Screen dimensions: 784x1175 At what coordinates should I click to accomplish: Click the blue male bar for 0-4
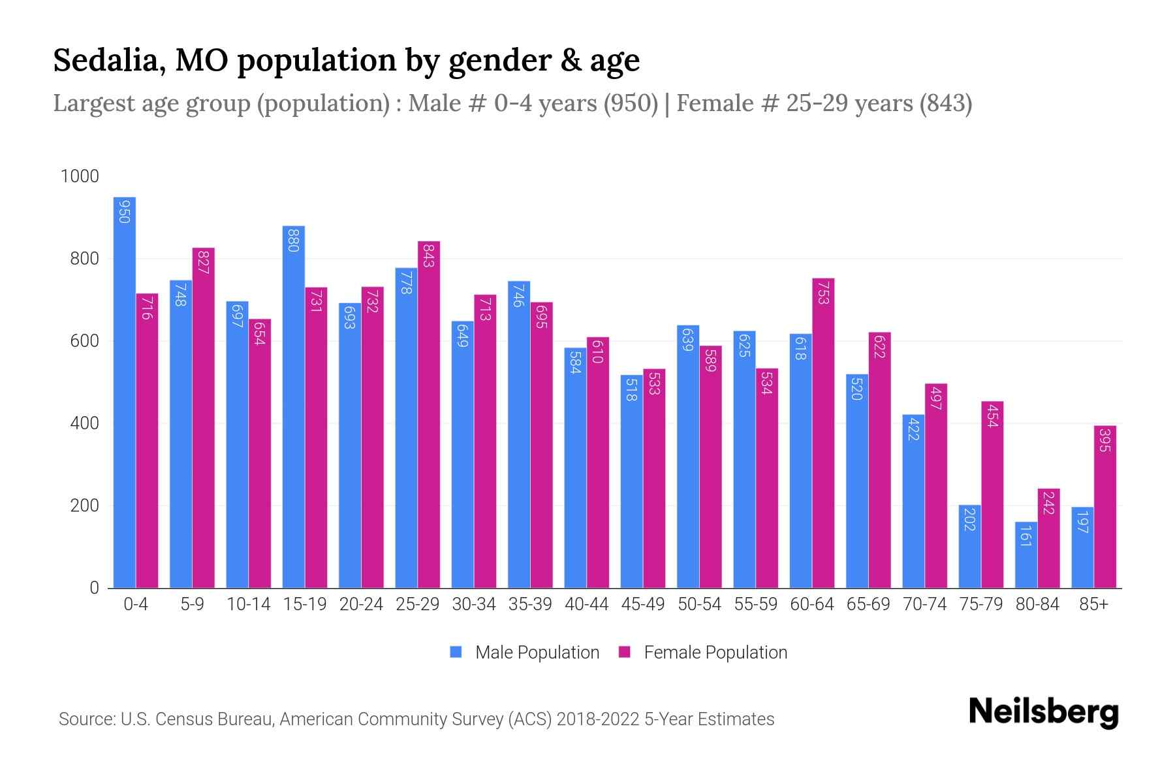pos(125,392)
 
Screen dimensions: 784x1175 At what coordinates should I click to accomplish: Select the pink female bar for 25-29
pos(429,415)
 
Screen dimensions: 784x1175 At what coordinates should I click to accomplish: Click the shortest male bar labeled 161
pos(1026,555)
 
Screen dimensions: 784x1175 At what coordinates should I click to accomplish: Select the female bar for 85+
pos(1104,506)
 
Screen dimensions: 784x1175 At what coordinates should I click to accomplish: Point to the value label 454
pos(992,416)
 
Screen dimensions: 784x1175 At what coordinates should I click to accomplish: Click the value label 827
pos(203,261)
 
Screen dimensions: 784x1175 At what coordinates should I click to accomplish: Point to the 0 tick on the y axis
pos(94,588)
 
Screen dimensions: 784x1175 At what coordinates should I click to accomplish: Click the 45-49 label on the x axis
pos(643,604)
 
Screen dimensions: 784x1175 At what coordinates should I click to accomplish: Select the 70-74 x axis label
pos(924,604)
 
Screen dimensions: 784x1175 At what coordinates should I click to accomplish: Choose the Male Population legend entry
pos(537,653)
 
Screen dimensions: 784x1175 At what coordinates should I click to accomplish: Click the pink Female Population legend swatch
pos(625,653)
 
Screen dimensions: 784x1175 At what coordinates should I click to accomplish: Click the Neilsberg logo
pos(1043,712)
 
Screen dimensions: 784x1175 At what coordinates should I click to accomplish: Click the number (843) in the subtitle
pos(945,103)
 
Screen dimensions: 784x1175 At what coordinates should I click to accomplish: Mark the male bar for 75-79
pos(969,546)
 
